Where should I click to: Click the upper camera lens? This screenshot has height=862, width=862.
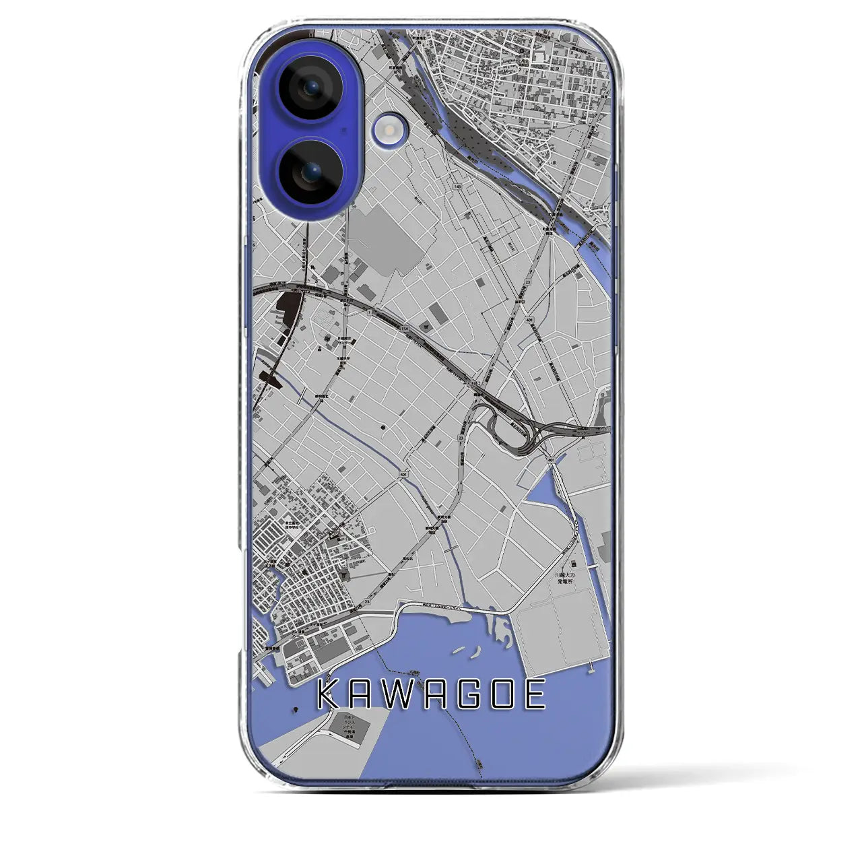coord(310,88)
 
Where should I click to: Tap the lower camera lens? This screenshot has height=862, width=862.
coord(310,173)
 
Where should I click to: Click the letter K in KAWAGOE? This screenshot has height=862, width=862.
coord(330,694)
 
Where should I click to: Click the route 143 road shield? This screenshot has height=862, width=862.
coord(458,186)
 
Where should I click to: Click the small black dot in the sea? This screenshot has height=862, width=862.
coord(295,709)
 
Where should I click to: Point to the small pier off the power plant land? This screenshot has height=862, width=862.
coord(591,667)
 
